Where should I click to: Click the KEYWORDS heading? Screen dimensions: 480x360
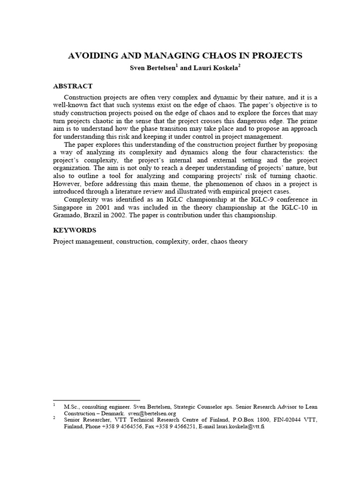(75, 230)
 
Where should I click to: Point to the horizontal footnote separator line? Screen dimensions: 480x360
(96, 400)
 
